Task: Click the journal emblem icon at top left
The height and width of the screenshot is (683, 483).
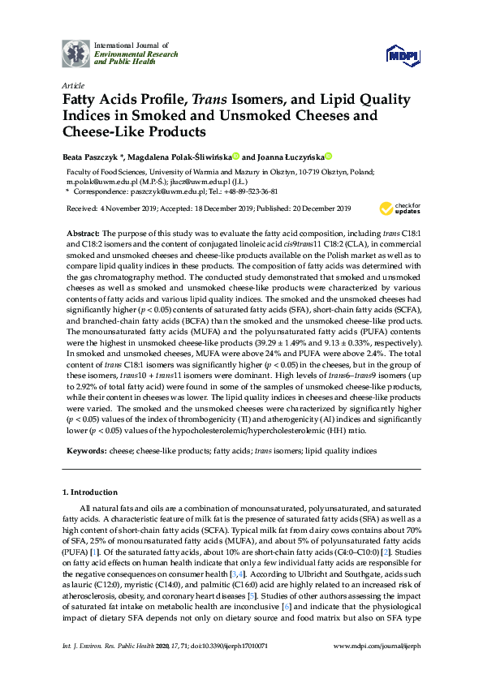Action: [76, 54]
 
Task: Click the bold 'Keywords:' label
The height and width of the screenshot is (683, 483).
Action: [86, 449]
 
